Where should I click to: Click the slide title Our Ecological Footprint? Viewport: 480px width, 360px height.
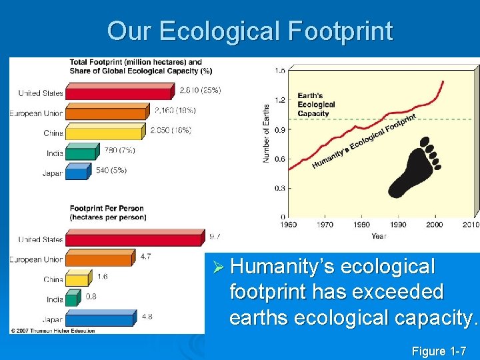[250, 31]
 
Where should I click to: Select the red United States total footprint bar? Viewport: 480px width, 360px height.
[120, 91]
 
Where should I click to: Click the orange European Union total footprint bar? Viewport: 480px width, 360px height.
[107, 112]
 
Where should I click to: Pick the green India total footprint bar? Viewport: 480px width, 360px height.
[80, 152]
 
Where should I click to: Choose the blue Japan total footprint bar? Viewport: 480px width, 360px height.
[77, 172]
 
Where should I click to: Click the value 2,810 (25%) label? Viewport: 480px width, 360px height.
[201, 89]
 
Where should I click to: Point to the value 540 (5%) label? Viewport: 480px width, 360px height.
[111, 170]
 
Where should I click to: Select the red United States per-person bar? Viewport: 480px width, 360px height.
[133, 238]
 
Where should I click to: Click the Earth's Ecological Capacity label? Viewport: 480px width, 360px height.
[316, 105]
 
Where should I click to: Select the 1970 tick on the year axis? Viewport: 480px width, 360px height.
[325, 225]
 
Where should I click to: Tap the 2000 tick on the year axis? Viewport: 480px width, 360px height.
[434, 225]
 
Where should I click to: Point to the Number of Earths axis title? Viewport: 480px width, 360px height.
[266, 133]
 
